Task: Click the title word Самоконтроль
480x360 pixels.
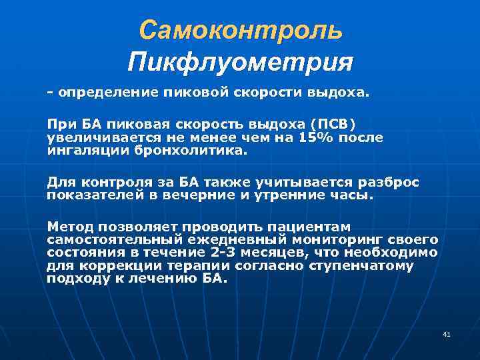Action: [241, 30]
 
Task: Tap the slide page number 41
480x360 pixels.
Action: [447, 333]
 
